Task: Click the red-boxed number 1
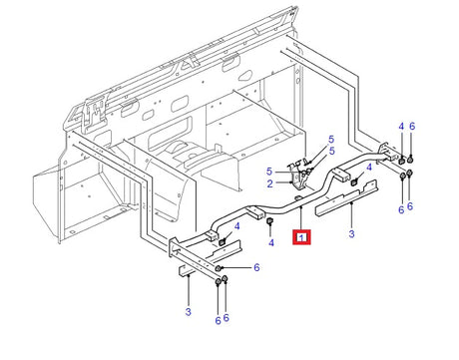(x=301, y=237)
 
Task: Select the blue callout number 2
(x=269, y=183)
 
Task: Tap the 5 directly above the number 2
(x=269, y=172)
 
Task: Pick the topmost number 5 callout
(x=331, y=140)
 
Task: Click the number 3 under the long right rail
(x=351, y=234)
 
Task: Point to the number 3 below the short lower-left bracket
(x=189, y=312)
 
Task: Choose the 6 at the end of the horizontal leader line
(x=256, y=267)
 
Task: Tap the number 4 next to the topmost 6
(x=401, y=127)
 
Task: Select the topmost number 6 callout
(x=412, y=127)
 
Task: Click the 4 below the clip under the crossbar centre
(x=271, y=243)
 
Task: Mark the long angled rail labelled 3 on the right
(x=346, y=198)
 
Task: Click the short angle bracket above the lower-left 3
(x=187, y=270)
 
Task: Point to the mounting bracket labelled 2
(x=298, y=177)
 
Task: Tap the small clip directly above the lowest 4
(x=270, y=221)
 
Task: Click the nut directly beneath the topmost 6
(x=411, y=160)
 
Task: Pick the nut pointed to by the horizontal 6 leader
(x=219, y=268)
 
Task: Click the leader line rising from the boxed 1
(x=301, y=217)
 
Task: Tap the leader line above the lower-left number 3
(x=189, y=290)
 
